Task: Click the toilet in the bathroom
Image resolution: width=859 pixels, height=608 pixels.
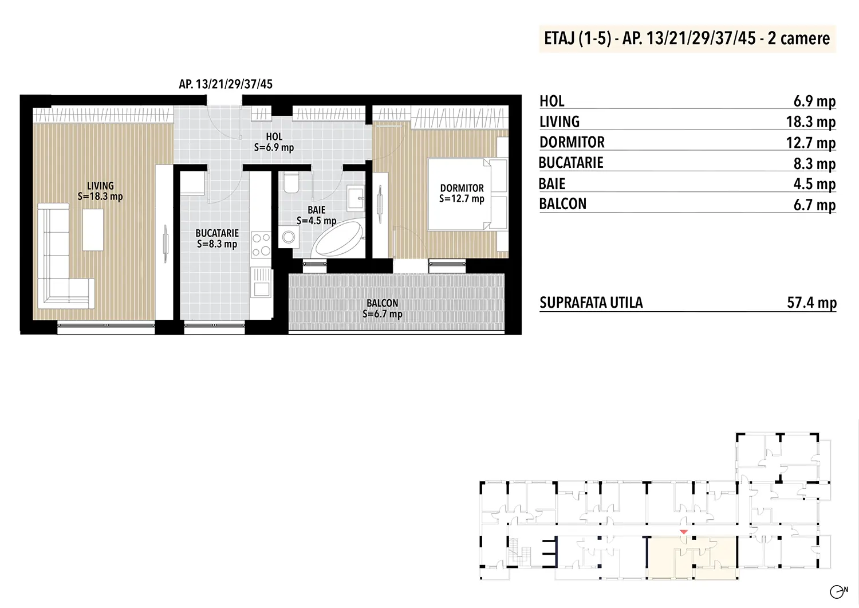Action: (291, 183)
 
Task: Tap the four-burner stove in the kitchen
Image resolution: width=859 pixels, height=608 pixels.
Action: (261, 245)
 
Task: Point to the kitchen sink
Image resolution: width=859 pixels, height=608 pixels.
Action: (262, 283)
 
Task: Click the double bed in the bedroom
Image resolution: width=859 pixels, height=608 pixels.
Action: (467, 194)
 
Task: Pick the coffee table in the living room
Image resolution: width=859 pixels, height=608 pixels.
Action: (93, 230)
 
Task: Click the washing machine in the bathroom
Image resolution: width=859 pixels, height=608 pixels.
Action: (289, 237)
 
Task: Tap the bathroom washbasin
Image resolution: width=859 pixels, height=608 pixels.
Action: (356, 198)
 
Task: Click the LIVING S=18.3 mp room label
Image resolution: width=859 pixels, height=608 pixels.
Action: (100, 191)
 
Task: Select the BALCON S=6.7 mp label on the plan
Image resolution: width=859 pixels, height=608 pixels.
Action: (383, 309)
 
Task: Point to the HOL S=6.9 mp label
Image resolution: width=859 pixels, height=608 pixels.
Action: (274, 142)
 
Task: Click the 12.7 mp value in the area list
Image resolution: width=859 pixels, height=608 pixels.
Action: (811, 143)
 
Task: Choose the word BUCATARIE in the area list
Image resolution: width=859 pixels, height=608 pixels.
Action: (570, 163)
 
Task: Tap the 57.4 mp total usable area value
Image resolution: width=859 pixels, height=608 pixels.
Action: (811, 303)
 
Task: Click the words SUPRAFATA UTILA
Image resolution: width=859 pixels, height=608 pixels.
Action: (591, 303)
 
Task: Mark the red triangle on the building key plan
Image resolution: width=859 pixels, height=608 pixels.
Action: (683, 532)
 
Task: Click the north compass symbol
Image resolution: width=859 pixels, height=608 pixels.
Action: (837, 591)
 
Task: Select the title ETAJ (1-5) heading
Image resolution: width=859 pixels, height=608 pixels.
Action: (577, 38)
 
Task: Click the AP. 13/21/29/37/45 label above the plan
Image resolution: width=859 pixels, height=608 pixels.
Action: (226, 84)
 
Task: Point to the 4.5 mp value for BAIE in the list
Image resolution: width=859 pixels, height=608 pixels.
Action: (814, 184)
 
